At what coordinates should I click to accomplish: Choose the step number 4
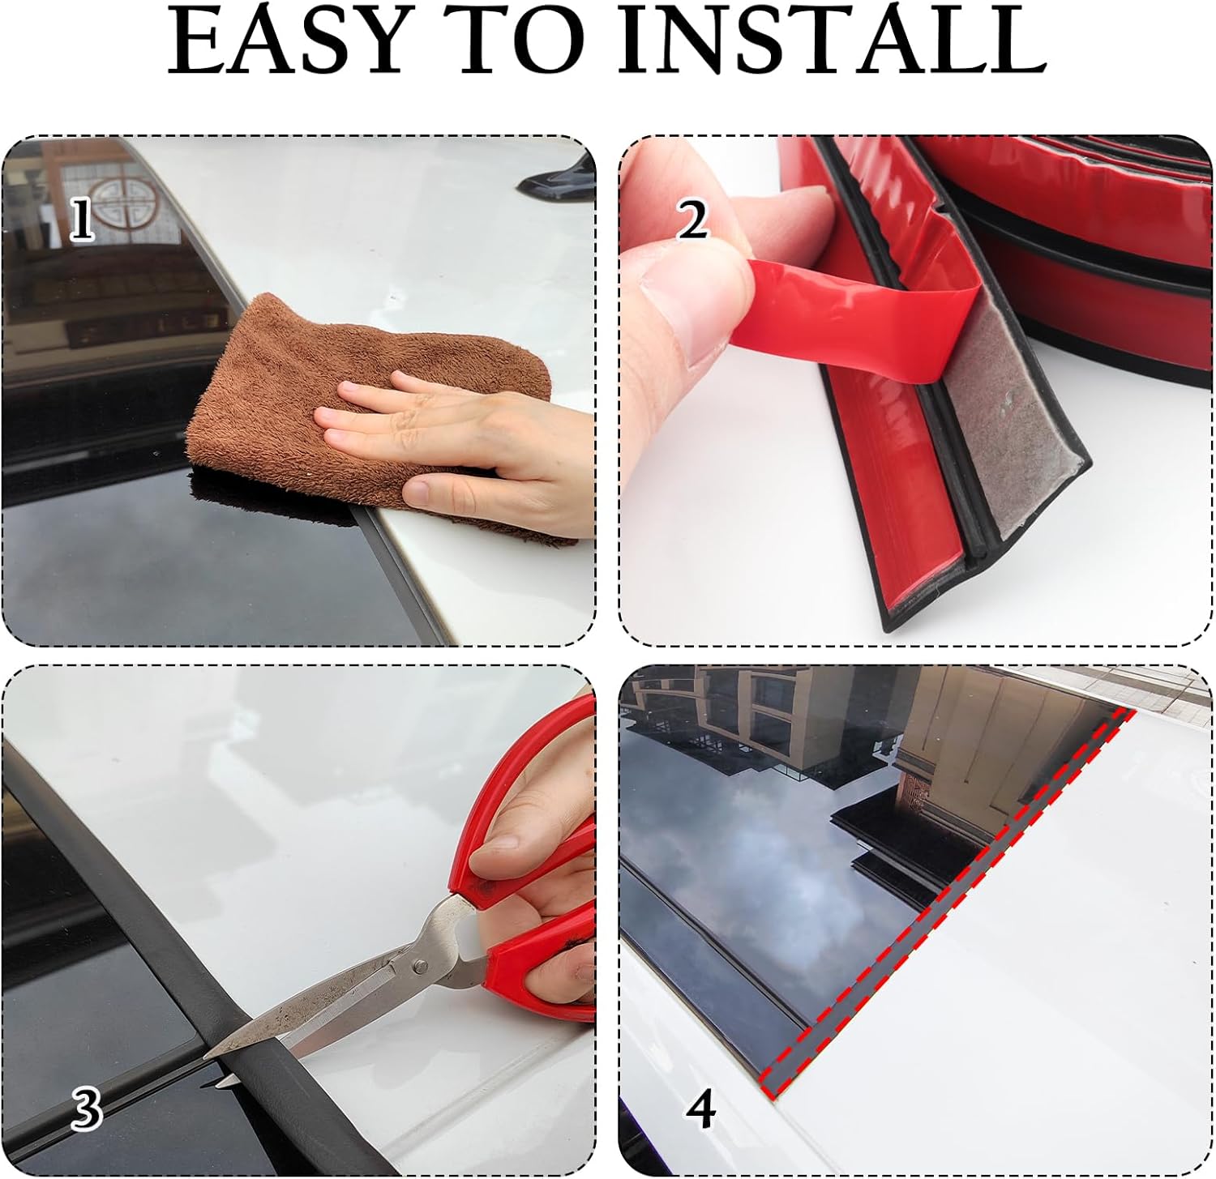(x=701, y=1108)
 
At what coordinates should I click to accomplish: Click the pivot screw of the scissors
(x=421, y=966)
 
